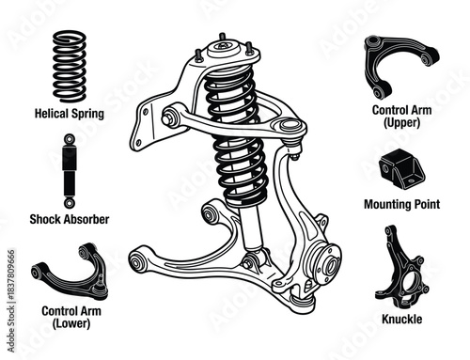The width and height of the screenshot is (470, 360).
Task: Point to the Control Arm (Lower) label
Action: pos(71,316)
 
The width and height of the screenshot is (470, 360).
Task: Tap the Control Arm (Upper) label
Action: pos(401,116)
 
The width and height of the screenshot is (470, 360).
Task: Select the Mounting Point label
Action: pos(401,203)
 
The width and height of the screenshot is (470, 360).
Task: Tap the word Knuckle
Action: pos(403,320)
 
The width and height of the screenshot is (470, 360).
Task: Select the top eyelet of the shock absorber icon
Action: pos(70,139)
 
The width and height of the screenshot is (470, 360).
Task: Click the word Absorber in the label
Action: pos(86,219)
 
